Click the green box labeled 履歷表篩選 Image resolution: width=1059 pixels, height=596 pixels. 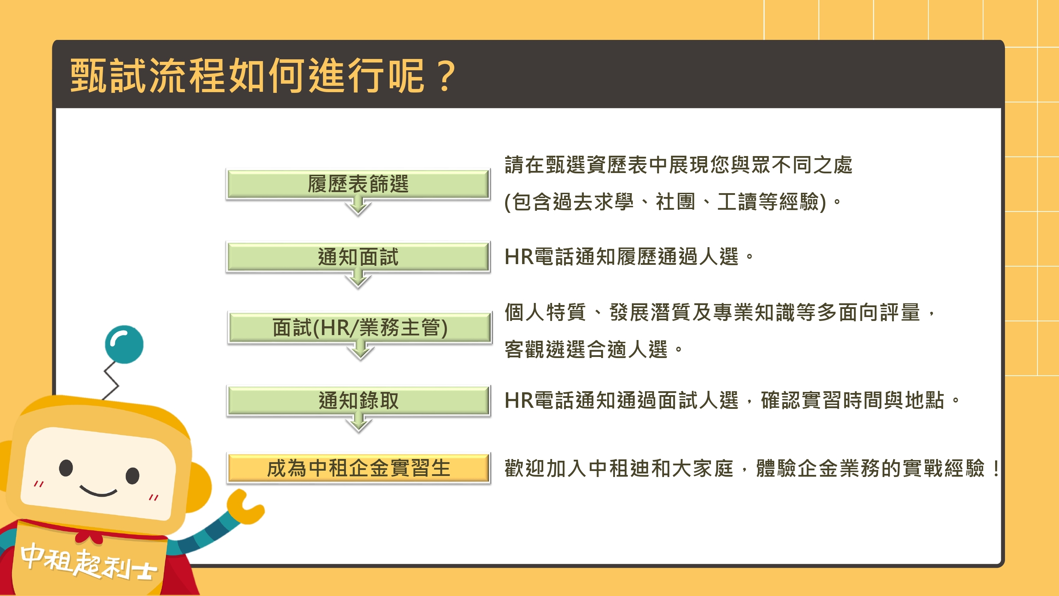(x=358, y=184)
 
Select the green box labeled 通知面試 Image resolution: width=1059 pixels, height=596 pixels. (x=358, y=257)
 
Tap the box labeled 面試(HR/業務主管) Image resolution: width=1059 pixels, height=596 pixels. (x=360, y=327)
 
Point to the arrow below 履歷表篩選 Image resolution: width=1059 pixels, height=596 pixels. (x=358, y=205)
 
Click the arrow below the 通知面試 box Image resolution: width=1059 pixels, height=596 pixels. (x=358, y=279)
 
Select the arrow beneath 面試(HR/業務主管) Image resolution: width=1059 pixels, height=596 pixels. (x=360, y=350)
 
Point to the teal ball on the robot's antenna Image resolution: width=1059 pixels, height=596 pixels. (x=124, y=345)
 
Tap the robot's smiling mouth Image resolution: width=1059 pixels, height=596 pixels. (x=99, y=491)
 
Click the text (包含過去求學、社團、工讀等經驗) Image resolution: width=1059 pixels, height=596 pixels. (x=665, y=202)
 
